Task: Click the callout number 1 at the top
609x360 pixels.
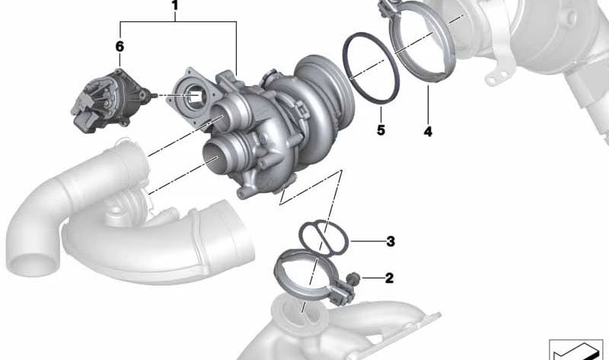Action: [174, 9]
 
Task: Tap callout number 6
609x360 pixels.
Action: [120, 47]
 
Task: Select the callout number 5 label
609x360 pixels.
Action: [381, 130]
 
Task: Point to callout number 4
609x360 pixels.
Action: [428, 132]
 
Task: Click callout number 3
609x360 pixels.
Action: [390, 242]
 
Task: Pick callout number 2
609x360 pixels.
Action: [389, 278]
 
